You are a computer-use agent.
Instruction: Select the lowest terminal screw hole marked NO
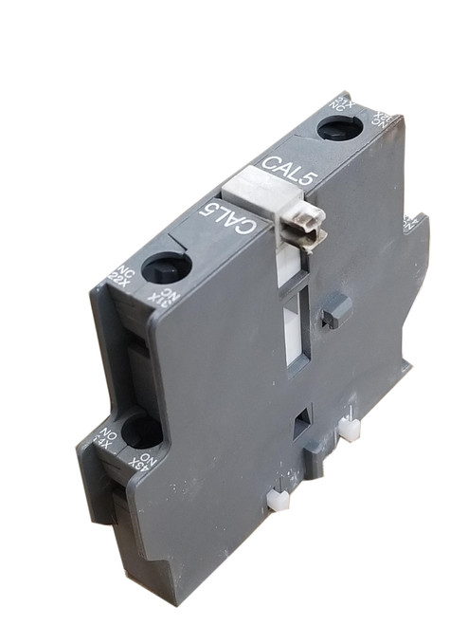pos(141,432)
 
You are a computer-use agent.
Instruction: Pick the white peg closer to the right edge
pos(348,432)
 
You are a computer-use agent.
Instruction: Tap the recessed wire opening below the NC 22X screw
pos(135,360)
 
